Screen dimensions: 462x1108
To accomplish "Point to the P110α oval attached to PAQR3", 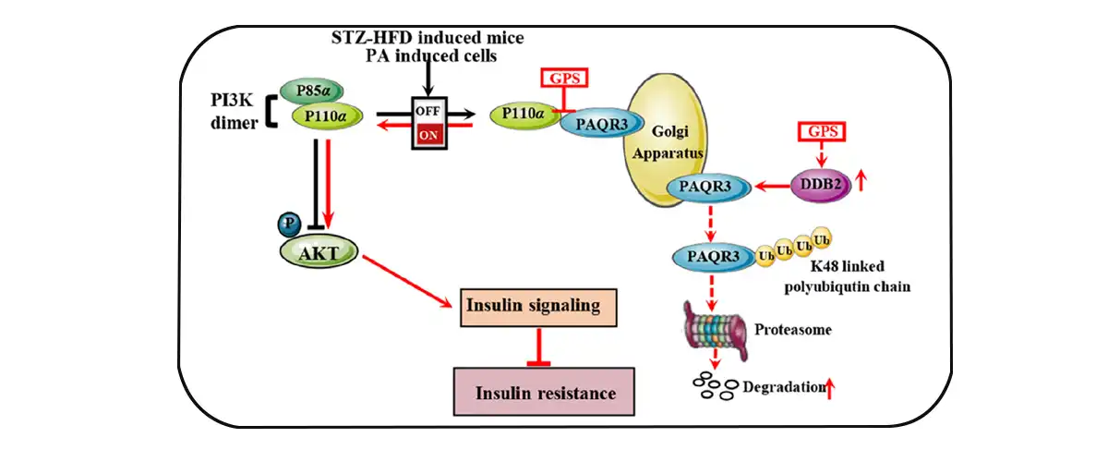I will [x=524, y=115].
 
